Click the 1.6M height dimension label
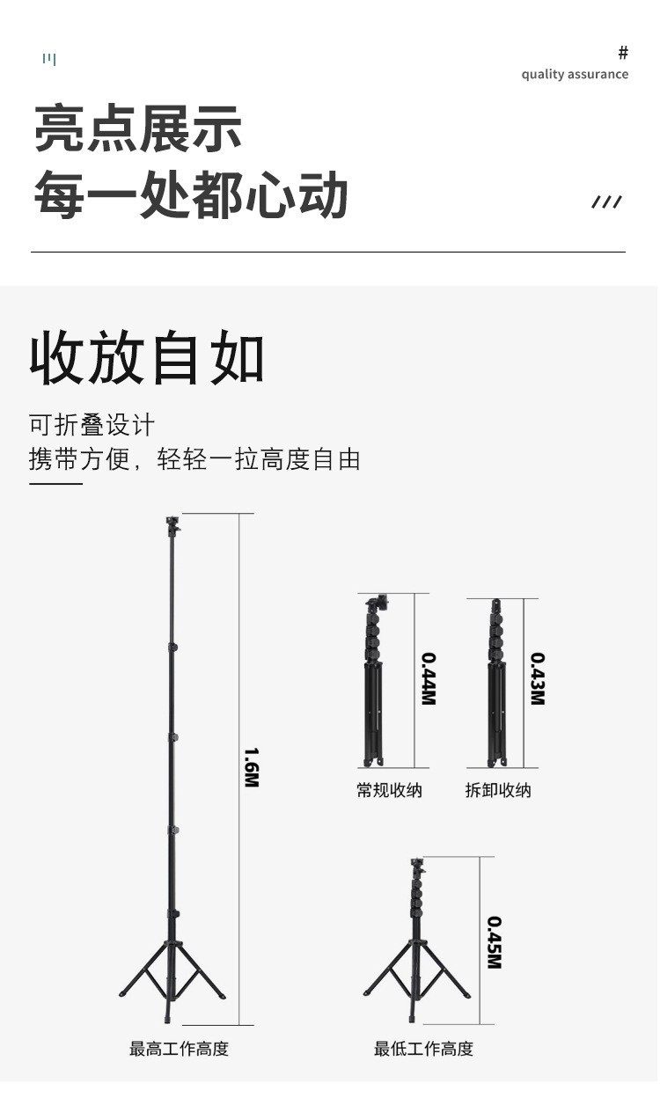[251, 767]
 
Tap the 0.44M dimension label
[428, 678]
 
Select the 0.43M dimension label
[537, 678]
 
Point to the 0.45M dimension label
[494, 942]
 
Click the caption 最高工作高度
[179, 1049]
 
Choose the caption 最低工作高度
[423, 1049]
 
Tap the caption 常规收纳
[389, 790]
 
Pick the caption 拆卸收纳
[498, 790]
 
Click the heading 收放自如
[147, 358]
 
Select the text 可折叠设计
[92, 425]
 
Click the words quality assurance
[575, 74]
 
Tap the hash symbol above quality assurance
[623, 53]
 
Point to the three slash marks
[606, 202]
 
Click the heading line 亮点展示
[138, 128]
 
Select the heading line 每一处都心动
[191, 195]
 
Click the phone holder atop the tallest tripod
[172, 526]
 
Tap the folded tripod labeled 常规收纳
[374, 682]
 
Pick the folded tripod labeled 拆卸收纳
[497, 682]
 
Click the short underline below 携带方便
[55, 483]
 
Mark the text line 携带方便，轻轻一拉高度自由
[194, 459]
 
